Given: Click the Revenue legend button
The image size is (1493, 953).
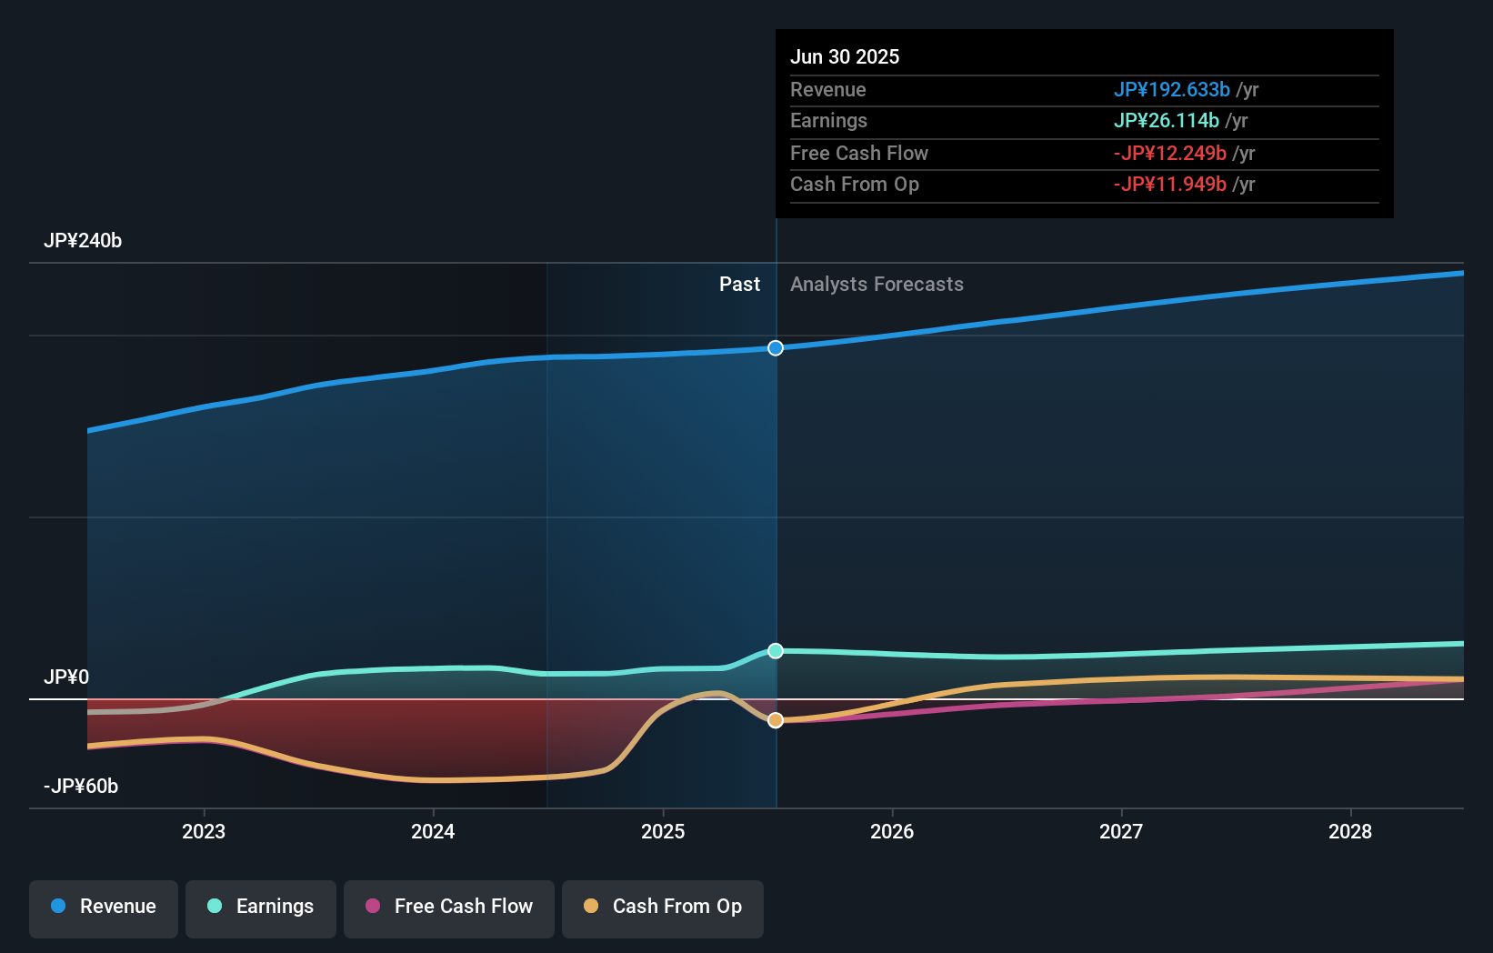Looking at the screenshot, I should pos(104,908).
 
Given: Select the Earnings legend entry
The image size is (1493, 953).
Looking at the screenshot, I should pos(261,908).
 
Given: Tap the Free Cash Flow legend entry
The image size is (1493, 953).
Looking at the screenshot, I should pos(449,908).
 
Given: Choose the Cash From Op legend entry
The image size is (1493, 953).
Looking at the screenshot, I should pos(663,908).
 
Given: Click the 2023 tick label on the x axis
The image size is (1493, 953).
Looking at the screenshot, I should pos(204,831).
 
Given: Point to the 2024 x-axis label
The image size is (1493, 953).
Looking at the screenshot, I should pos(433,831).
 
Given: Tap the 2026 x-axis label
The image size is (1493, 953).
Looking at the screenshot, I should pos(892,831).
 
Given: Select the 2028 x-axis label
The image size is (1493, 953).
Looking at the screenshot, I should pos(1350,831).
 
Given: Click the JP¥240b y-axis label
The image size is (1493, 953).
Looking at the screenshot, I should pos(83,241).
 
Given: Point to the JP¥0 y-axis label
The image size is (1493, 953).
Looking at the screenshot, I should pos(66,677).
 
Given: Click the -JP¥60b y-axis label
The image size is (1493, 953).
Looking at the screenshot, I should pos(81,787).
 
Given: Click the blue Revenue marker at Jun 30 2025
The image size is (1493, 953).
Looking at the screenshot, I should pos(776,348).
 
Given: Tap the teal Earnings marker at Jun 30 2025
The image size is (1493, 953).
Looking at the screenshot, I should pos(776,651).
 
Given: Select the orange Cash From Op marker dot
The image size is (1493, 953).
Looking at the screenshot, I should pos(776,720).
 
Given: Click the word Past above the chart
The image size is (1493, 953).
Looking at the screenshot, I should pos(739,285).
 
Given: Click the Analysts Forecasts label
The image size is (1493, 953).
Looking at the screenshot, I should pos(877,285).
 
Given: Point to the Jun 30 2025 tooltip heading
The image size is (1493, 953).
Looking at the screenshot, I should pos(845,56).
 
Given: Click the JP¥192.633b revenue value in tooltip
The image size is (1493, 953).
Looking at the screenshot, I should pos(1171,90).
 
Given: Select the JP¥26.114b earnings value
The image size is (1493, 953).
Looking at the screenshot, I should pos(1166,121).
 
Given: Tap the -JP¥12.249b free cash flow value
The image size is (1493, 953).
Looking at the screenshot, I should pos(1169,154).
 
